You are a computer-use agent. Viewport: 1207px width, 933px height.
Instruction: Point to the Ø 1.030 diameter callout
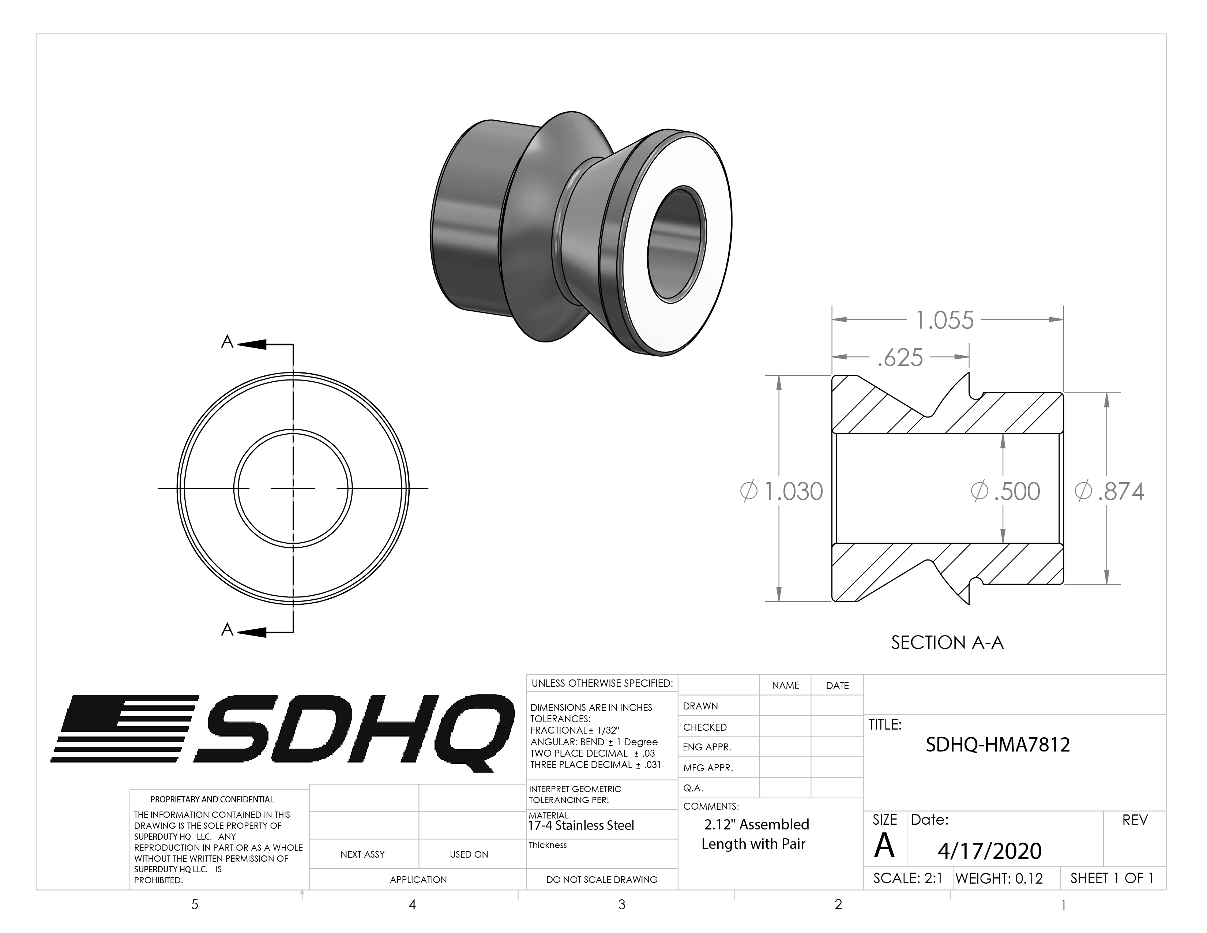782,491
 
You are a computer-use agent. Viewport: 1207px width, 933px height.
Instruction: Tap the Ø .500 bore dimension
1005,491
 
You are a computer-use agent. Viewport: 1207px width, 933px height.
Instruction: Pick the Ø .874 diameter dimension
1109,491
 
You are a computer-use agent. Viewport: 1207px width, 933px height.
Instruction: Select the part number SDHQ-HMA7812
997,745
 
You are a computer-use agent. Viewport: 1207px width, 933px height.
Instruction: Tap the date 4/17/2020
989,851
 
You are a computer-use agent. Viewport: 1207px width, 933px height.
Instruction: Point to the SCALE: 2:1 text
907,878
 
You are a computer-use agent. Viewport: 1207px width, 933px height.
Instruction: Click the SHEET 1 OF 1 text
1112,878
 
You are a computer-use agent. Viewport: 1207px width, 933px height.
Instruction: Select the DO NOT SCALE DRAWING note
601,879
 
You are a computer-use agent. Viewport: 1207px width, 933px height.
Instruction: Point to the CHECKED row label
705,727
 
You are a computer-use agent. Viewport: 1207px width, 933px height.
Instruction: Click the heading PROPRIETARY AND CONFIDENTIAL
212,799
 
